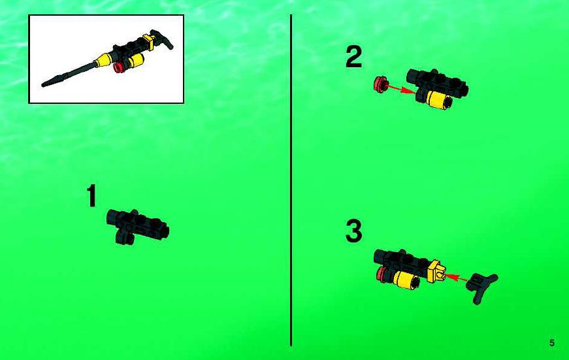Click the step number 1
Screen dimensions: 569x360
click(x=91, y=195)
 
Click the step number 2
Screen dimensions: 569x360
click(x=354, y=57)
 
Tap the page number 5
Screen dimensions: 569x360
click(x=552, y=343)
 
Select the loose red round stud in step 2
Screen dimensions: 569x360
click(x=380, y=84)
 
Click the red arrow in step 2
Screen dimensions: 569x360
click(x=402, y=89)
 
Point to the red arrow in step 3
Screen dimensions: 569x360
click(x=456, y=278)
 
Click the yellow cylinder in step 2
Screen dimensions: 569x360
click(x=438, y=99)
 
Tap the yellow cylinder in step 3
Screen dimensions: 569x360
click(x=406, y=280)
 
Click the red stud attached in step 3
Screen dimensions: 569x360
click(x=382, y=274)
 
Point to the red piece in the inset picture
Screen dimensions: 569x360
click(x=120, y=67)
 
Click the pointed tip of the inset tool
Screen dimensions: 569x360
click(x=43, y=86)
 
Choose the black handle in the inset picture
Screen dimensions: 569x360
click(x=162, y=39)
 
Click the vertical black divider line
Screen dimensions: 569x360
click(x=291, y=180)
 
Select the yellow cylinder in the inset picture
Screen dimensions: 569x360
click(x=135, y=60)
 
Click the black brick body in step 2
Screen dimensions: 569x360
click(x=437, y=83)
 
